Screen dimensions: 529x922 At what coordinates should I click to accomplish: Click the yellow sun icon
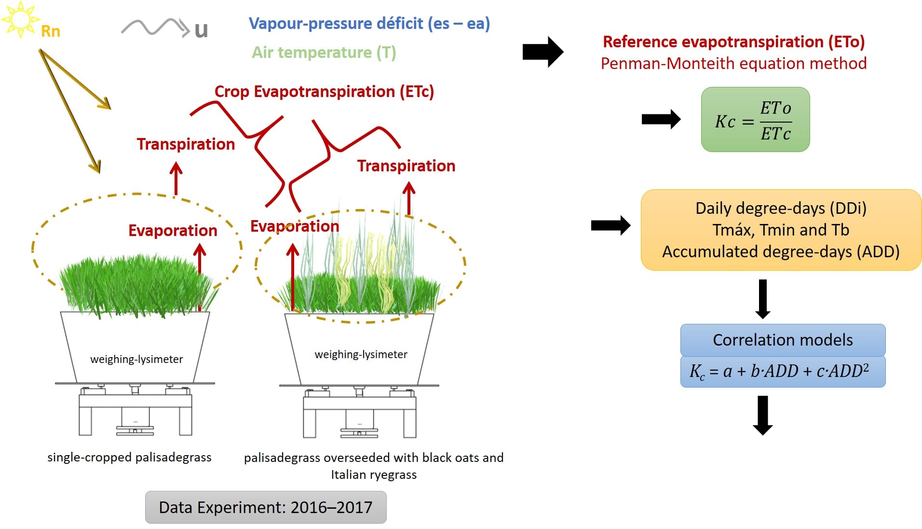point(20,19)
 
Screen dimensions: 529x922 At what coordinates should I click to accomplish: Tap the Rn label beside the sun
point(50,31)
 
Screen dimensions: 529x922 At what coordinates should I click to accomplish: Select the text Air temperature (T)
point(324,52)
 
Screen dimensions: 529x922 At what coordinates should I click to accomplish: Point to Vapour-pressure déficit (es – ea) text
point(369,23)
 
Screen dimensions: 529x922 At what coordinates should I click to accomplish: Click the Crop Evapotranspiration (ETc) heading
point(324,91)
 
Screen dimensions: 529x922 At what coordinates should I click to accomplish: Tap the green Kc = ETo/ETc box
point(755,120)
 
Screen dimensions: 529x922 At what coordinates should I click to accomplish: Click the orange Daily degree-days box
point(781,230)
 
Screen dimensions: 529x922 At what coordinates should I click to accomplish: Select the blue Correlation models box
point(783,340)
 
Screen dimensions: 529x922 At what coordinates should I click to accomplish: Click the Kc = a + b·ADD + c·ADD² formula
point(783,371)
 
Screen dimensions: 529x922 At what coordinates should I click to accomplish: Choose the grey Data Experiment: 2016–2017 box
point(266,507)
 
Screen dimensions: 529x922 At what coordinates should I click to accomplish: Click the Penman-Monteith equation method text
point(733,63)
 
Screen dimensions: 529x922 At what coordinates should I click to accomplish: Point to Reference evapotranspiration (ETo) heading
point(733,42)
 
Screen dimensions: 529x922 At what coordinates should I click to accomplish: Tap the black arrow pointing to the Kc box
point(661,119)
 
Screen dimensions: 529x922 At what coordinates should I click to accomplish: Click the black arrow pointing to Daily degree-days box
point(610,225)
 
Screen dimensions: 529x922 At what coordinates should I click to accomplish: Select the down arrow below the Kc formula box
point(762,415)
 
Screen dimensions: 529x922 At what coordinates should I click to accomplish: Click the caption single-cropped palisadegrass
point(129,457)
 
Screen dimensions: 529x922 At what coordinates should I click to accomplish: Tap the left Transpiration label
point(186,144)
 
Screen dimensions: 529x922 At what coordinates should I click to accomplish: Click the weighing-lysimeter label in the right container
point(361,354)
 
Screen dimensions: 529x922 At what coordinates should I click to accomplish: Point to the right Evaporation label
point(295,226)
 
